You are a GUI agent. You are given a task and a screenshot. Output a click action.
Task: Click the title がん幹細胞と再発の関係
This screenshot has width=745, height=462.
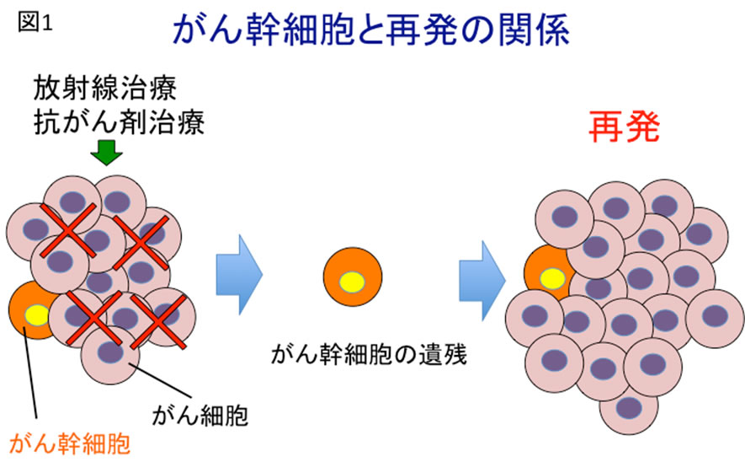click(x=371, y=32)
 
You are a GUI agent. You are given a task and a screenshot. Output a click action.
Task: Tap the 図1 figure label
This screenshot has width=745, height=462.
click(x=35, y=23)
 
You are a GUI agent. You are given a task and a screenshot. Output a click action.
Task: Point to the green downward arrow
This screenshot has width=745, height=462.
click(x=106, y=153)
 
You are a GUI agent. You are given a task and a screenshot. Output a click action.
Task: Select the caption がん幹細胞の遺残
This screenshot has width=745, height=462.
click(x=368, y=354)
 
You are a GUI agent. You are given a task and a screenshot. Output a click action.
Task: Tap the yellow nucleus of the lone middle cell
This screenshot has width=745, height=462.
click(x=353, y=282)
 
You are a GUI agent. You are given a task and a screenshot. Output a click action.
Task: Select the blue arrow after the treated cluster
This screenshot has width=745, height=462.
click(x=238, y=271)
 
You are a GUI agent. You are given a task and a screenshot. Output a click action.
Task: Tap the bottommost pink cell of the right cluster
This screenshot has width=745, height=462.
click(x=628, y=406)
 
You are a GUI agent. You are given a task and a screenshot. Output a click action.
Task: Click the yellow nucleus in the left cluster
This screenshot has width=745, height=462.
click(x=37, y=316)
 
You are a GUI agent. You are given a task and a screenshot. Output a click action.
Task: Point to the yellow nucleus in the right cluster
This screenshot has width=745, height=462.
click(x=552, y=277)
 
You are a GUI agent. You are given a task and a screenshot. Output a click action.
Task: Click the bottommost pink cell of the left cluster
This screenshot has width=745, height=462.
click(x=109, y=353)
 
